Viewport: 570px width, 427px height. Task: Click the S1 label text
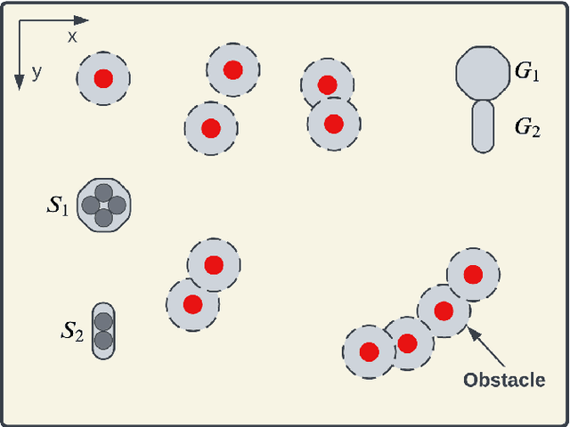[57, 207]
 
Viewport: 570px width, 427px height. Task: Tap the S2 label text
[71, 333]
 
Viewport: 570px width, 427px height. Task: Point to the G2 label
[527, 127]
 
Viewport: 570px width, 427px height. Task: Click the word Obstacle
[504, 381]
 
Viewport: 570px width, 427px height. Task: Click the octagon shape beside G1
[482, 74]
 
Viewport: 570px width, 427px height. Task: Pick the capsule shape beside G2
[482, 125]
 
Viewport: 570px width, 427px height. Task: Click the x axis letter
[73, 36]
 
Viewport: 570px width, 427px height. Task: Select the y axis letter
[37, 72]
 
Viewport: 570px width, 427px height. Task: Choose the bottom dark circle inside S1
[103, 217]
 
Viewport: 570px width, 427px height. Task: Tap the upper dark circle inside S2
[104, 321]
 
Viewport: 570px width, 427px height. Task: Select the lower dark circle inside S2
[104, 339]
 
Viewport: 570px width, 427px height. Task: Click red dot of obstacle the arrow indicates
[444, 310]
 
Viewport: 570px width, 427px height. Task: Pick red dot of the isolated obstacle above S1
[103, 78]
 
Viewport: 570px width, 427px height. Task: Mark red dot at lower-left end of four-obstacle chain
[370, 351]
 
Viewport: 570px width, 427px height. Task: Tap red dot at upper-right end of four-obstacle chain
[473, 275]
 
